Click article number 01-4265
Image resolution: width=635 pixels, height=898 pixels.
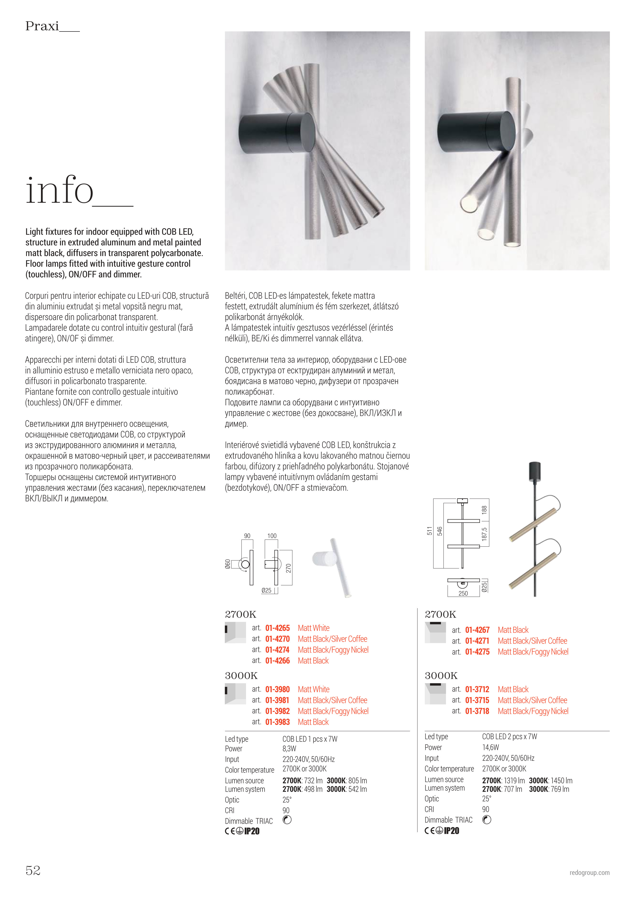click(277, 628)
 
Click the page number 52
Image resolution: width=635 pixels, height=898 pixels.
click(33, 870)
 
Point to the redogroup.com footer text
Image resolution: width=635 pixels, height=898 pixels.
click(589, 873)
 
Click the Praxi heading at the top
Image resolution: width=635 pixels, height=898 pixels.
click(42, 26)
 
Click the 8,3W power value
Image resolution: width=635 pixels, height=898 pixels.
click(289, 749)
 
